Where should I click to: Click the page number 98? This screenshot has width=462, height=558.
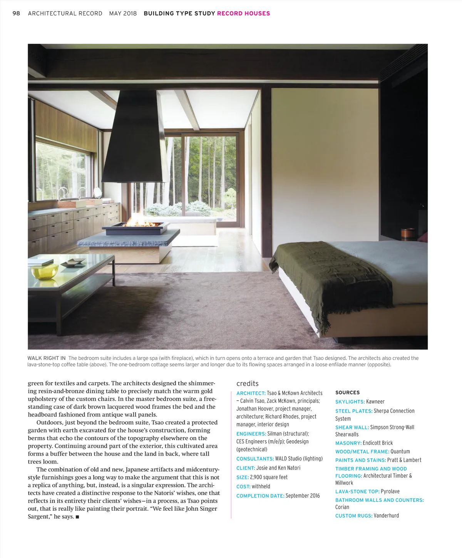(x=16, y=13)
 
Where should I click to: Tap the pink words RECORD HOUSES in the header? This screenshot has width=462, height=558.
(x=243, y=13)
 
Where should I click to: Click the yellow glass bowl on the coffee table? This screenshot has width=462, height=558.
(x=44, y=272)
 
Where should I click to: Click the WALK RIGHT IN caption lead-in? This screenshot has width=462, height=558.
(x=47, y=358)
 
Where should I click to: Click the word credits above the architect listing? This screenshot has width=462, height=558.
(x=247, y=384)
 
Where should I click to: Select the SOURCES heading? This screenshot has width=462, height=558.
(x=347, y=393)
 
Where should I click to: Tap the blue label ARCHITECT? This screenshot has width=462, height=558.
(x=251, y=393)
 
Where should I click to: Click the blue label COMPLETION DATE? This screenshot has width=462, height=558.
(x=260, y=496)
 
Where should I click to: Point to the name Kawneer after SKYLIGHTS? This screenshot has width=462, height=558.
(x=375, y=402)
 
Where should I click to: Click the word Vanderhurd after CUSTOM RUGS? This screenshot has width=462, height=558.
(x=386, y=516)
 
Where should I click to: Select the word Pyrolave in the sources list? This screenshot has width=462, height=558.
(x=390, y=492)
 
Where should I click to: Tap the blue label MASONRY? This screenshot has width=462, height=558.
(x=348, y=443)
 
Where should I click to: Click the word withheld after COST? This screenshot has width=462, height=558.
(x=261, y=487)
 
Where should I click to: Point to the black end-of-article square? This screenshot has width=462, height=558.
(x=77, y=517)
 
